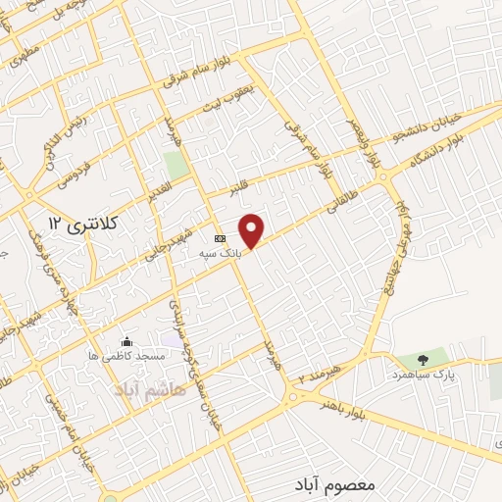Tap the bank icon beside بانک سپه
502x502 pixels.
[x=221, y=238]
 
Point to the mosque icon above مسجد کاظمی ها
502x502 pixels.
[x=126, y=341]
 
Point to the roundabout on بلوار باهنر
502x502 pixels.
[x=296, y=397]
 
